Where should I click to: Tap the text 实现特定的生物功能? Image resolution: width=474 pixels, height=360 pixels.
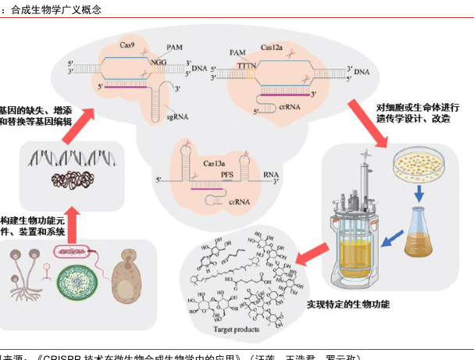click(x=347, y=304)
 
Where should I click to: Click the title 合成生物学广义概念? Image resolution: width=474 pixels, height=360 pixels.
click(x=56, y=10)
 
